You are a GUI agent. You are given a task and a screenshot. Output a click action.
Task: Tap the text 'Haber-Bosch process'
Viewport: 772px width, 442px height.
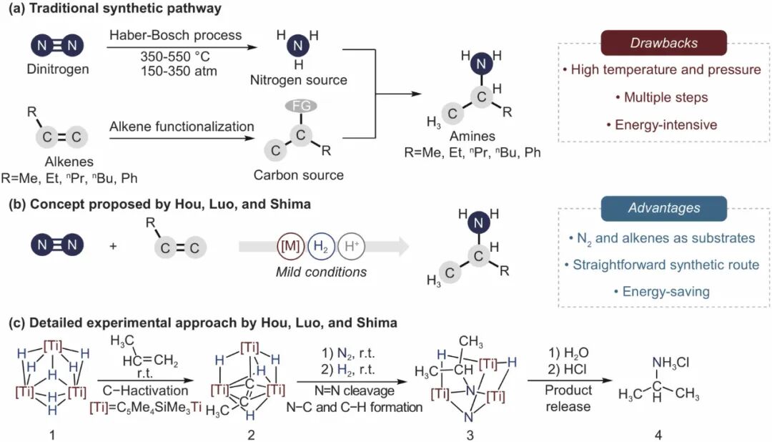tap(176, 35)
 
